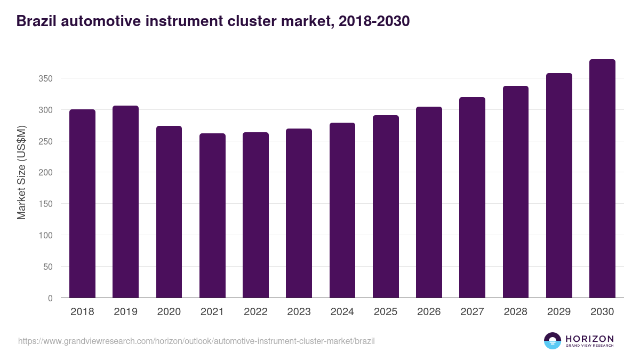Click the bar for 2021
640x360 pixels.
212,215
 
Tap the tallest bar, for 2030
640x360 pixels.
602,179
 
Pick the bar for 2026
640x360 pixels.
429,202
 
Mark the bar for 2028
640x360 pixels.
516,192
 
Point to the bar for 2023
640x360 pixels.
299,213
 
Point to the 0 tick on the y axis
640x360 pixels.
50,298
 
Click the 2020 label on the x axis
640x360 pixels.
169,312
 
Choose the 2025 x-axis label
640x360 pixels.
386,312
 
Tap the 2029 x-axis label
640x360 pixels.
559,312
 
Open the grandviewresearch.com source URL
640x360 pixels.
196,341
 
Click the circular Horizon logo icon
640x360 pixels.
553,341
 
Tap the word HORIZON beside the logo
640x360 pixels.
589,338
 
